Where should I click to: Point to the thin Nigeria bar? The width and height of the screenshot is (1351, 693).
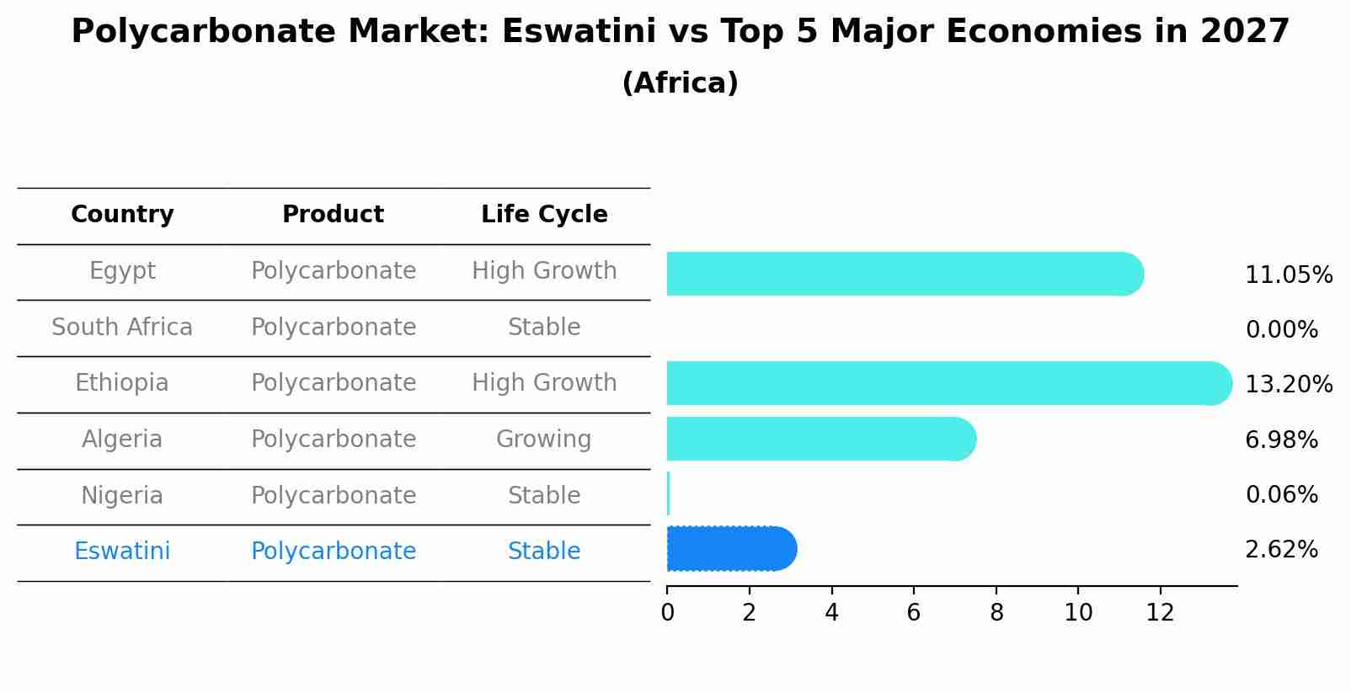668,493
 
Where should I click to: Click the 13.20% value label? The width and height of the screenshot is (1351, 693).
1288,385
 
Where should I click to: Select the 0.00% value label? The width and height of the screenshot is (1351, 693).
1281,330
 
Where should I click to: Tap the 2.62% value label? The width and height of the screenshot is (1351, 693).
1281,550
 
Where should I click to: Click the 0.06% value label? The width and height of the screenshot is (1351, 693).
1281,495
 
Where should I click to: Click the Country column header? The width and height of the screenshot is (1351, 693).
122,215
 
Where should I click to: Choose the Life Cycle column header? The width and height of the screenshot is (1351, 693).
544,215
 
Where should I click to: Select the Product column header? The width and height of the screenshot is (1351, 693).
333,215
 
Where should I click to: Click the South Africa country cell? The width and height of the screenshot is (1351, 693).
122,328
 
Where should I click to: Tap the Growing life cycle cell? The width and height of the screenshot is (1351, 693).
543,440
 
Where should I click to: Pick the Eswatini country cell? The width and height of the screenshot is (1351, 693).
122,552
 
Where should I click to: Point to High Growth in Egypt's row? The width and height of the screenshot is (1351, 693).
544,271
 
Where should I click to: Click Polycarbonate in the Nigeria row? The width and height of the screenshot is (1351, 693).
334,496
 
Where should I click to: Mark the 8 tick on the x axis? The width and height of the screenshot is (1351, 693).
996,613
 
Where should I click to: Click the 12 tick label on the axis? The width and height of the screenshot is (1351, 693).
1160,613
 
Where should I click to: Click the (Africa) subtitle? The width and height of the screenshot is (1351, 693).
680,83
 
